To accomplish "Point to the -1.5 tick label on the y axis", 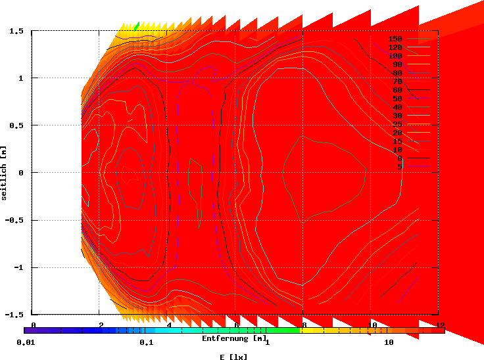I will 14,314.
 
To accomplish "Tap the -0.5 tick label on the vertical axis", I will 14,220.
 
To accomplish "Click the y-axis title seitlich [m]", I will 5,173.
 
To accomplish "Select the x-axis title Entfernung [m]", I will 234,338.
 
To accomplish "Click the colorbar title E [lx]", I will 234,356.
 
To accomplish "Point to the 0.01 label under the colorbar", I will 25,343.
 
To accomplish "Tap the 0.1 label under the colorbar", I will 147,343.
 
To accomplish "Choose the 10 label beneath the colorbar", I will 389,343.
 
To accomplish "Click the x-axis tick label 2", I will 101,325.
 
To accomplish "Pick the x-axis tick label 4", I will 169,325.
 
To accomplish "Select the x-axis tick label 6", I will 237,325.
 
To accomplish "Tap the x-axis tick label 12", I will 440,325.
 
